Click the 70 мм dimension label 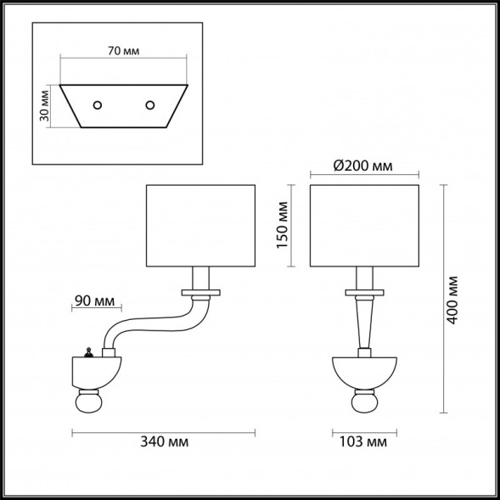click(124, 51)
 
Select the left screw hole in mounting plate click(98, 104)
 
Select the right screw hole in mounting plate click(150, 104)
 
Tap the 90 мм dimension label click(94, 299)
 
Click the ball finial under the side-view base click(91, 400)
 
